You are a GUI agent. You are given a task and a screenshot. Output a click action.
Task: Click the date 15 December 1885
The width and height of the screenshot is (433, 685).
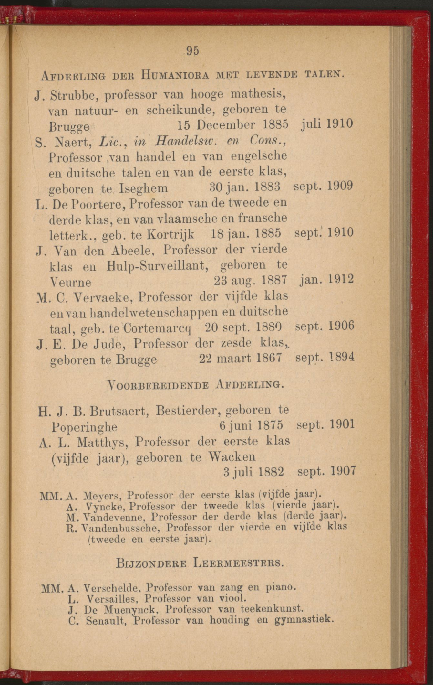point(233,125)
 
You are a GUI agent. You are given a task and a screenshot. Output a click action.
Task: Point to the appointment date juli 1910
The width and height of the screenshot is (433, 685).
point(326,123)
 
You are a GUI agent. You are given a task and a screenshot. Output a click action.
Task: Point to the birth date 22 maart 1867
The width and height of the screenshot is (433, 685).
point(242,358)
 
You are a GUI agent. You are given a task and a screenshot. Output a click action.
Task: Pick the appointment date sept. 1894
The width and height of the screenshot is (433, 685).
point(325,357)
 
